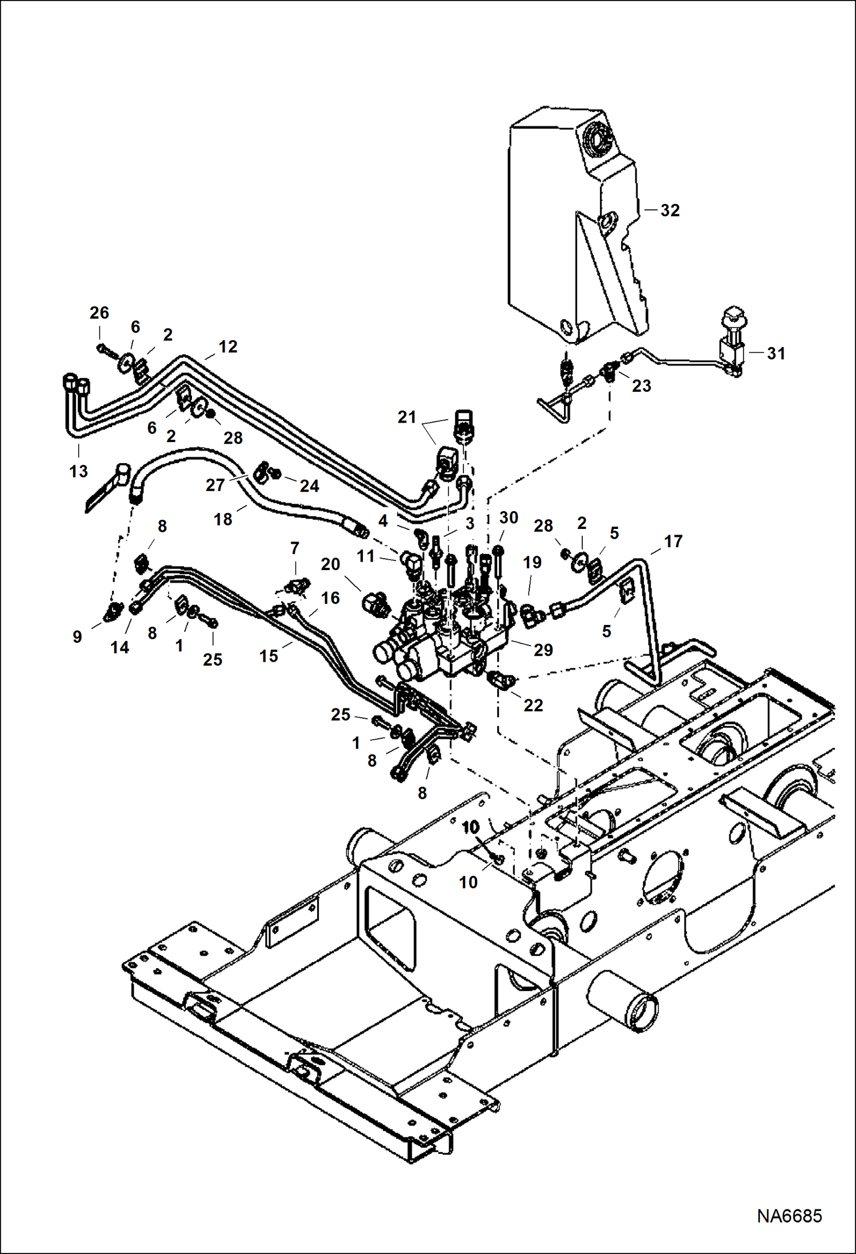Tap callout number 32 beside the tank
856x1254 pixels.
[x=670, y=210]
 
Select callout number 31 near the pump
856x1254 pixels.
[x=775, y=353]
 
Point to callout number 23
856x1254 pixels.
[x=641, y=386]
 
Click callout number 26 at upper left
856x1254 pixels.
[x=99, y=313]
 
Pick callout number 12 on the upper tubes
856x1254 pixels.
[x=227, y=347]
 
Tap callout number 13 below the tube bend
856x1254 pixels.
[x=79, y=471]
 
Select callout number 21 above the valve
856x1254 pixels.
[x=407, y=417]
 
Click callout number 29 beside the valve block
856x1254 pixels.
[x=543, y=650]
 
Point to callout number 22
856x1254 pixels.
[x=533, y=705]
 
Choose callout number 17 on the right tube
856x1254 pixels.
[x=673, y=541]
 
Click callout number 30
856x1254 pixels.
[x=509, y=517]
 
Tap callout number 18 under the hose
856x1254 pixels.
[x=223, y=519]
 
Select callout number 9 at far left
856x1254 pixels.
[x=77, y=636]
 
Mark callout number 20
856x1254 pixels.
[x=330, y=564]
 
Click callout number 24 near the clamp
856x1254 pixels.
[x=309, y=486]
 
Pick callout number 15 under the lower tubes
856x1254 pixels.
[x=269, y=656]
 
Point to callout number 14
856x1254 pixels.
[x=119, y=647]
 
